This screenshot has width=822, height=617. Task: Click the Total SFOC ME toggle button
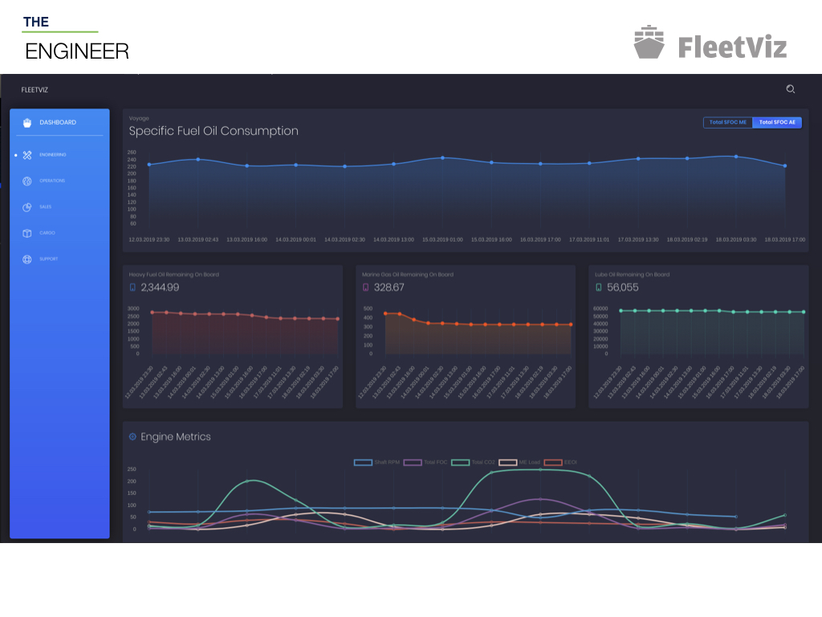tap(728, 122)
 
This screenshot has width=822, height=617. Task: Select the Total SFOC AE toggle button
tap(777, 122)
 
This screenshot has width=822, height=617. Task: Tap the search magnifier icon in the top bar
tap(791, 89)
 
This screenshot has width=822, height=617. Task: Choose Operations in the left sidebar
tap(52, 181)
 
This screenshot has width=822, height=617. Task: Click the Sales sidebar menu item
tap(46, 206)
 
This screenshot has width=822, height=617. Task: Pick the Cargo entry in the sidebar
tap(47, 233)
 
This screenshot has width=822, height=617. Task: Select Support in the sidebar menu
tap(48, 259)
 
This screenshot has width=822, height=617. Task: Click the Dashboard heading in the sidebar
tap(58, 122)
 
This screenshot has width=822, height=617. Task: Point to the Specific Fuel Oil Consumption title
tap(214, 131)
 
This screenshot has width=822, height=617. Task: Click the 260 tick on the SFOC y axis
tap(132, 152)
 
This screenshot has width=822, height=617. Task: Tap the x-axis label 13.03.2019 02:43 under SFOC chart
tap(197, 239)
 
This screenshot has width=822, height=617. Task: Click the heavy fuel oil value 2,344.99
tap(160, 288)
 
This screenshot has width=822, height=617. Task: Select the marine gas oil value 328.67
tap(389, 288)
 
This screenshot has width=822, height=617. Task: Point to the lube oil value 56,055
tap(623, 288)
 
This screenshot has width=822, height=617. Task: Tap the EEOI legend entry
tap(562, 462)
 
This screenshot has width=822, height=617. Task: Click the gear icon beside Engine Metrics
tap(133, 437)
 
